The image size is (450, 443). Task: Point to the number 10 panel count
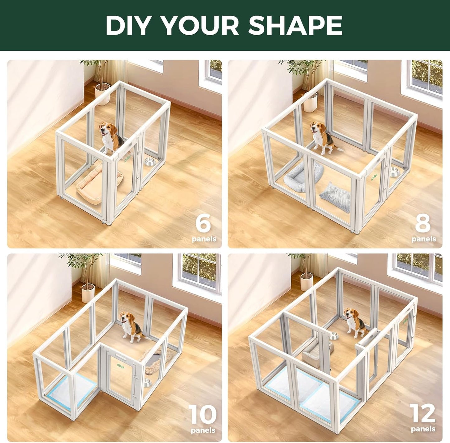point(202,415)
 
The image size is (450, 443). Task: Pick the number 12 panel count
point(422,413)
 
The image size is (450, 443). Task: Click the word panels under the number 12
point(423,429)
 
